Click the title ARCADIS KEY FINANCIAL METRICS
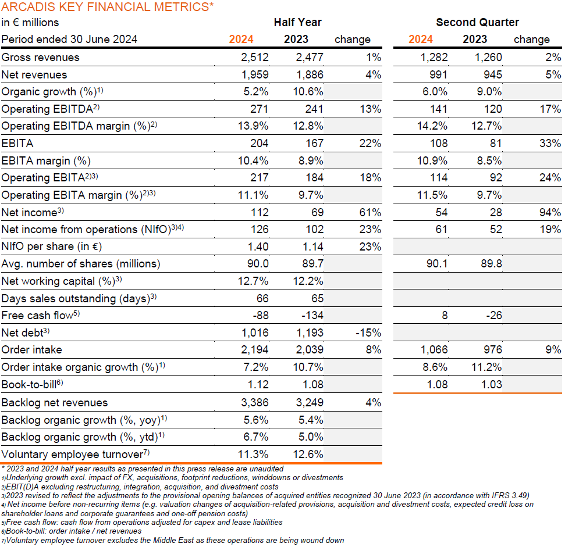[108, 7]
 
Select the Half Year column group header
[298, 22]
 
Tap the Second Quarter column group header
[478, 22]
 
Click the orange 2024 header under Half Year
[241, 39]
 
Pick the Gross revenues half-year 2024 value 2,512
[255, 57]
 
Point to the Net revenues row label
[34, 74]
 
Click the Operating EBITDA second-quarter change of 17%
[550, 109]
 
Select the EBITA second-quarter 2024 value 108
[439, 143]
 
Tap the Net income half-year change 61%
[370, 212]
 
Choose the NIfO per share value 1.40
[258, 246]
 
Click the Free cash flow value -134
[312, 315]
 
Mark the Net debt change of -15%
[368, 333]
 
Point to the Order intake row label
[31, 350]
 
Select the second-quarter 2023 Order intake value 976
[493, 350]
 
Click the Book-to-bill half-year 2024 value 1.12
[258, 384]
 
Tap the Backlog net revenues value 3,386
[255, 402]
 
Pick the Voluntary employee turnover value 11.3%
[253, 454]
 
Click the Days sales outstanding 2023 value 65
[318, 298]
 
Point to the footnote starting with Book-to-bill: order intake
[72, 531]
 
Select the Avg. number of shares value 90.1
[437, 264]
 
